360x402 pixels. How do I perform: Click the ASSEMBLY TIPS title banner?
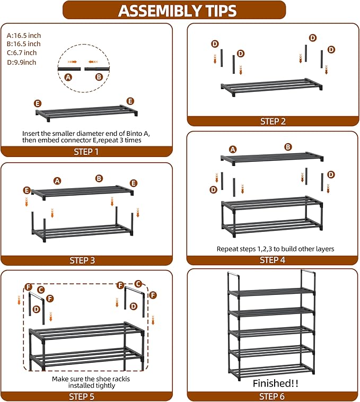pyautogui.click(x=177, y=10)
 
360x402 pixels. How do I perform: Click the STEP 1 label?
pyautogui.click(x=86, y=152)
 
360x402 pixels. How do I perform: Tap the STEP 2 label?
pyautogui.click(x=273, y=121)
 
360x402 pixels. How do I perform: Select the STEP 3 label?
pyautogui.click(x=86, y=260)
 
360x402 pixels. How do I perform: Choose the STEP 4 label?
pyautogui.click(x=273, y=260)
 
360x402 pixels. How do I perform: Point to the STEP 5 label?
pyautogui.click(x=86, y=396)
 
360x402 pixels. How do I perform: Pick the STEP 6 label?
pyautogui.click(x=273, y=396)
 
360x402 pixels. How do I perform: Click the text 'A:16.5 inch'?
pyautogui.click(x=24, y=34)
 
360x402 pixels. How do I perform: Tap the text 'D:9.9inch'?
pyautogui.click(x=22, y=62)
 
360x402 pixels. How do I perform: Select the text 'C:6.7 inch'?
pyautogui.click(x=22, y=53)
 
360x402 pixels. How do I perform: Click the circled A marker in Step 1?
pyautogui.click(x=68, y=77)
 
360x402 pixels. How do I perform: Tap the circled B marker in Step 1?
pyautogui.click(x=99, y=77)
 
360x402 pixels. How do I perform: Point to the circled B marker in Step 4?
pyautogui.click(x=288, y=147)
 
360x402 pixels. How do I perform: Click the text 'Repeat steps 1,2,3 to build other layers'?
pyautogui.click(x=275, y=248)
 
